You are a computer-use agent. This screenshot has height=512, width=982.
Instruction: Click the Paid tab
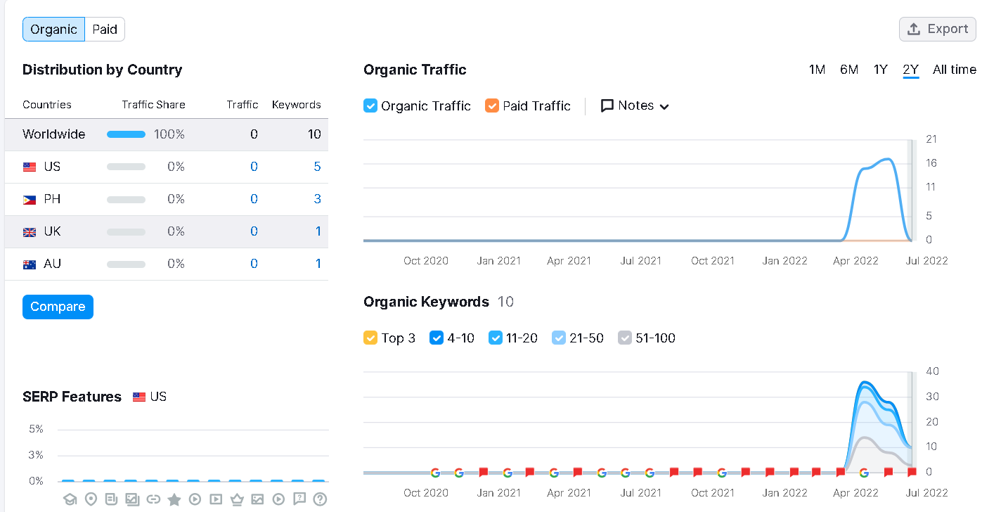point(105,30)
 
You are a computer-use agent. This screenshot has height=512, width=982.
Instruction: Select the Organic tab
point(53,30)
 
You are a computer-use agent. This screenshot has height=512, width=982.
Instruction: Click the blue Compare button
point(58,307)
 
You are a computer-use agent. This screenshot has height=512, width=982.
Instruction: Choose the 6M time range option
point(849,70)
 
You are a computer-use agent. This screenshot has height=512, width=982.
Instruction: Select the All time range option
point(955,70)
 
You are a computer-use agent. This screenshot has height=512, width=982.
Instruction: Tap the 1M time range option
point(818,70)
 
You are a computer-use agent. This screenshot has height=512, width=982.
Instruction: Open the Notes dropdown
point(635,105)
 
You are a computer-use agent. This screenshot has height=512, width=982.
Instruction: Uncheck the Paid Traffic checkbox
point(492,105)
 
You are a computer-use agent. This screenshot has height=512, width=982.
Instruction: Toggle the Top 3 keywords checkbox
point(370,338)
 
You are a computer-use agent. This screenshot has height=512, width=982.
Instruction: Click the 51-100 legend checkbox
point(625,338)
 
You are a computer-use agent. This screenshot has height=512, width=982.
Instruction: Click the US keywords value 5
point(318,167)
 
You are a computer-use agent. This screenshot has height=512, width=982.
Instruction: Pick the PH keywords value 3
point(318,199)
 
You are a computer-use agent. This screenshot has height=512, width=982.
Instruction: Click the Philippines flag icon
point(30,200)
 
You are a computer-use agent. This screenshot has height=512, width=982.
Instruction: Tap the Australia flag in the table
point(30,264)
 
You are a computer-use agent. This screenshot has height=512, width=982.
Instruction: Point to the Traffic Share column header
point(153,105)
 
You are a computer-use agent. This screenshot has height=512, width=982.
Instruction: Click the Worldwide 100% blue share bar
point(127,134)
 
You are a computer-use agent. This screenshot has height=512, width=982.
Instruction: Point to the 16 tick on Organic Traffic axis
point(931,163)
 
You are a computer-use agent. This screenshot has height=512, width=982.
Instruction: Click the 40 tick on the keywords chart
point(932,371)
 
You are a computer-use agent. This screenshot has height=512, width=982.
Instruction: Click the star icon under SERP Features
point(174,499)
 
